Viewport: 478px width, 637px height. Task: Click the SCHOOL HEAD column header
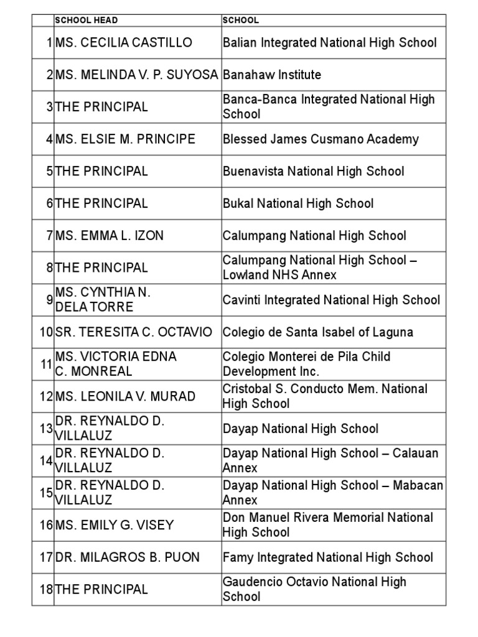(x=87, y=21)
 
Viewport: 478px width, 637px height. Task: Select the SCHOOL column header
(x=241, y=21)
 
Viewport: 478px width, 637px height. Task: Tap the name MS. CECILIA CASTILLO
(x=124, y=43)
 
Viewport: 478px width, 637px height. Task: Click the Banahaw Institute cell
(x=272, y=75)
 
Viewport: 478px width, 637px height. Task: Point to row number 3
(x=49, y=107)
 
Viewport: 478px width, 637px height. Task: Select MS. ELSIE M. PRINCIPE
(x=125, y=139)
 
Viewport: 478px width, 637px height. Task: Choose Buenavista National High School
(x=313, y=172)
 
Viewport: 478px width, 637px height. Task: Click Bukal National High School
(x=298, y=203)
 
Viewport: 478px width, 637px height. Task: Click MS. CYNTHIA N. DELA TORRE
(x=103, y=300)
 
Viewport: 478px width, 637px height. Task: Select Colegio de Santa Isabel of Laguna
(x=318, y=332)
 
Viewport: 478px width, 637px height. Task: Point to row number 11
(x=46, y=365)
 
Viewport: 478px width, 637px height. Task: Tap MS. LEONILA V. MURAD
(x=125, y=396)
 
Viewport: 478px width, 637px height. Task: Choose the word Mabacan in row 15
(x=418, y=486)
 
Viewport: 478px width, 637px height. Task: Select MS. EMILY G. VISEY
(x=115, y=525)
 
